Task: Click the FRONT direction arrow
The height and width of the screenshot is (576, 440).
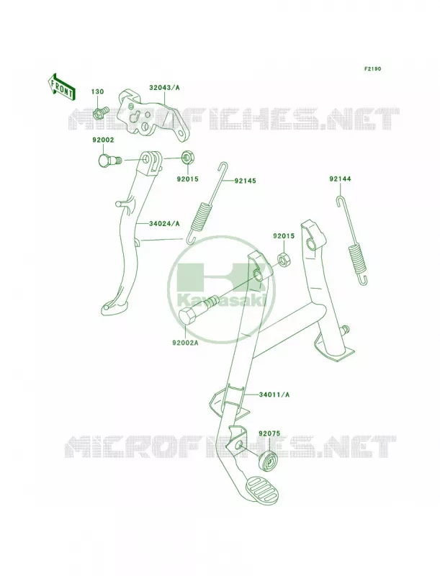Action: (61, 86)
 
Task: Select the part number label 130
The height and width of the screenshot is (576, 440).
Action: (97, 91)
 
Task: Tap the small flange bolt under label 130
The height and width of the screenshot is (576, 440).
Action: (101, 113)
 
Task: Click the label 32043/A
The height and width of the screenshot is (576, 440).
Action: (164, 88)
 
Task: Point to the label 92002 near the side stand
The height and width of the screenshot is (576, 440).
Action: (103, 140)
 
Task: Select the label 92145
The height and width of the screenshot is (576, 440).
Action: (245, 181)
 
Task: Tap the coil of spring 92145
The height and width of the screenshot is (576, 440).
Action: (201, 217)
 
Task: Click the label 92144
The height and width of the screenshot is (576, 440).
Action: (340, 179)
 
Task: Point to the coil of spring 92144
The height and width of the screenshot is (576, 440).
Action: (356, 259)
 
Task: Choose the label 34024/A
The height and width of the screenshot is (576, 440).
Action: (164, 224)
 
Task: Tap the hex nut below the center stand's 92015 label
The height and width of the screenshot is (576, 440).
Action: (284, 260)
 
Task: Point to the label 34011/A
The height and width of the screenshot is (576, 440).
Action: (274, 395)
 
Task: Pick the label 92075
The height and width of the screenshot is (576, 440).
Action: (269, 433)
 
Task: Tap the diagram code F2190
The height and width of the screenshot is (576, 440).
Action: (372, 68)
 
